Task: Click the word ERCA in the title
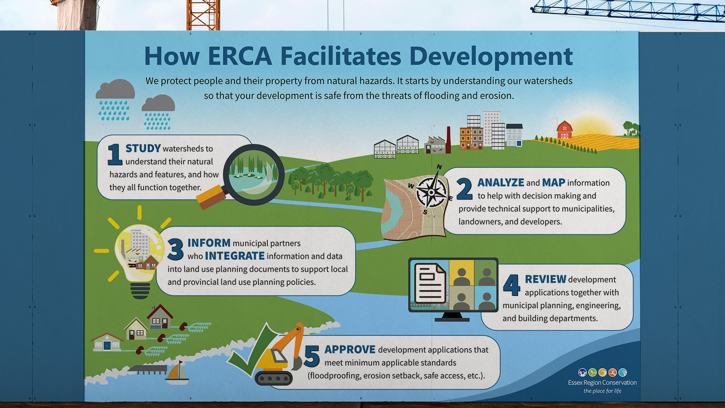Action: pyautogui.click(x=240, y=56)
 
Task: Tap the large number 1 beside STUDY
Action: pyautogui.click(x=115, y=155)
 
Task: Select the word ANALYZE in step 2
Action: pyautogui.click(x=501, y=183)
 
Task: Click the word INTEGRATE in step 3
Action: pyautogui.click(x=235, y=256)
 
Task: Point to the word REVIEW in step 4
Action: pyautogui.click(x=546, y=279)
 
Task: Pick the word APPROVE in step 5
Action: pyautogui.click(x=350, y=350)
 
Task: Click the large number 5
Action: pyautogui.click(x=312, y=356)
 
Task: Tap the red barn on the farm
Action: pyautogui.click(x=565, y=130)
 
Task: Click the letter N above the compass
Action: pyautogui.click(x=439, y=167)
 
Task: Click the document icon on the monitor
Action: pyautogui.click(x=430, y=283)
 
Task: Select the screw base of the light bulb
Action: pyautogui.click(x=140, y=291)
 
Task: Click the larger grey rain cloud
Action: pyautogui.click(x=115, y=89)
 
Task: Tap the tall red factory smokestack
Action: pyautogui.click(x=448, y=140)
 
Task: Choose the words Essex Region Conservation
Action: pyautogui.click(x=602, y=383)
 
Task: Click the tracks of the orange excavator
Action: pyautogui.click(x=274, y=378)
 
